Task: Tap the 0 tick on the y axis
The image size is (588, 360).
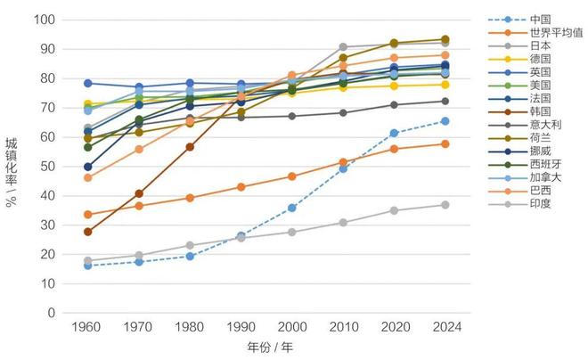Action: coord(52,314)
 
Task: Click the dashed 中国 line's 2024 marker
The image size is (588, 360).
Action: coord(445,121)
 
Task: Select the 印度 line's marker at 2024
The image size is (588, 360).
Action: coord(445,205)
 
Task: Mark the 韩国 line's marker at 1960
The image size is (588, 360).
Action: coord(86,232)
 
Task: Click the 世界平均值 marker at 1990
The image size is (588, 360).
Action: coord(241,187)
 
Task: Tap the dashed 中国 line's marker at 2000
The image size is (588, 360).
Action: coord(291,208)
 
